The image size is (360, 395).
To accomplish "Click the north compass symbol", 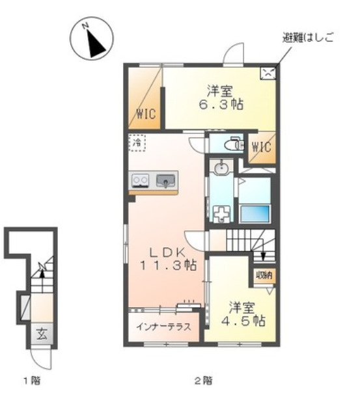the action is [x=91, y=38].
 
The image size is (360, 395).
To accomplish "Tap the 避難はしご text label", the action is [x=308, y=38].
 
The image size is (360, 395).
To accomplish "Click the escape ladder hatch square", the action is [x=268, y=73].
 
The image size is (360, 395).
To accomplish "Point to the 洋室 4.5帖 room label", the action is [x=243, y=314].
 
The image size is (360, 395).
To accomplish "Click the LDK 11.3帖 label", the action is [x=167, y=259].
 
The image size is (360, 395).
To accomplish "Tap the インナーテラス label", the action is [x=163, y=327].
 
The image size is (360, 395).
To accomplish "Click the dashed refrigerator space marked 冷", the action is [x=137, y=143].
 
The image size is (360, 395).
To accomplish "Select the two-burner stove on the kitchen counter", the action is [x=140, y=180].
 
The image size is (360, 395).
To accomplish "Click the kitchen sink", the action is [x=165, y=181].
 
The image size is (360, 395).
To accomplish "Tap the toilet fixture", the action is [x=234, y=144].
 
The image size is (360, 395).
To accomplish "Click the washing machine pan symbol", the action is [x=221, y=214].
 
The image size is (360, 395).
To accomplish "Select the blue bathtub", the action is [x=255, y=213].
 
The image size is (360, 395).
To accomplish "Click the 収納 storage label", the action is [x=264, y=275].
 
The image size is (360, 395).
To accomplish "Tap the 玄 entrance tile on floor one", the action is [x=42, y=334].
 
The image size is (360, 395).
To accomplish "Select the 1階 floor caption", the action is [x=32, y=381].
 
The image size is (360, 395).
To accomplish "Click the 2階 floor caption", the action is [x=203, y=381].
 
